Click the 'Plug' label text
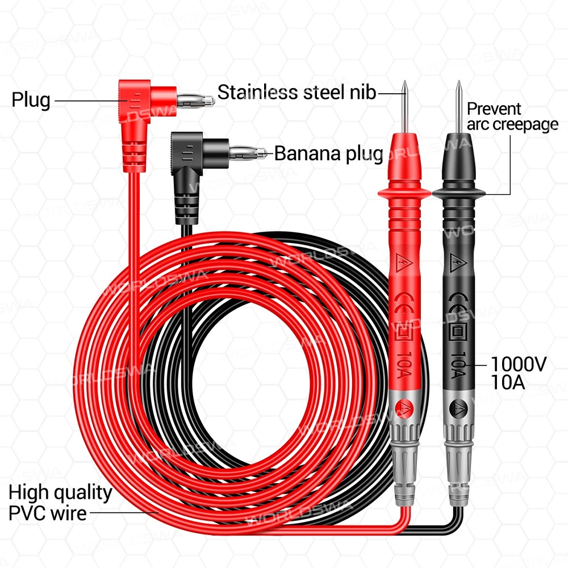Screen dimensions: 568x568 (31, 101)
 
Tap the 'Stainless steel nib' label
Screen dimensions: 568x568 (296, 91)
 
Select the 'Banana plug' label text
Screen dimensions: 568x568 (329, 153)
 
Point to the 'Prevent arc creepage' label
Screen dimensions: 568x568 (512, 116)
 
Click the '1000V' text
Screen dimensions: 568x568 (519, 364)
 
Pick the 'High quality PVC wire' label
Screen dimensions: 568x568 (60, 502)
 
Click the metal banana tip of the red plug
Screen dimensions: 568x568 (195, 101)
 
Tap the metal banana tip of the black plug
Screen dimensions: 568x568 (248, 153)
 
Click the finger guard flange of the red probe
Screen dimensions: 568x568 (405, 194)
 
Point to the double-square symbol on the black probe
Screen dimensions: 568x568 (458, 332)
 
